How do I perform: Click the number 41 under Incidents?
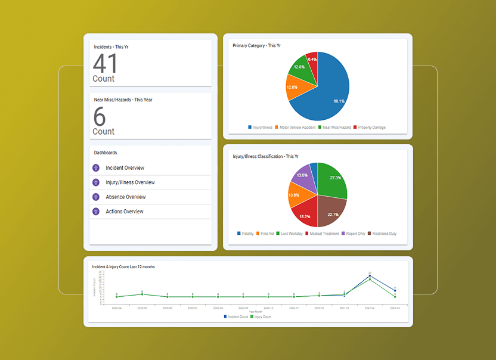[x=105, y=64]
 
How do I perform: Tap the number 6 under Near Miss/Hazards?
[x=100, y=117]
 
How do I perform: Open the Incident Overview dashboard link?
[x=125, y=168]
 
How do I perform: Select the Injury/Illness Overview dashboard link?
[x=130, y=182]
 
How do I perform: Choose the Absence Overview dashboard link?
[x=125, y=197]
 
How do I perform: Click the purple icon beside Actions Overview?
[x=96, y=212]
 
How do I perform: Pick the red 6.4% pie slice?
[x=311, y=61]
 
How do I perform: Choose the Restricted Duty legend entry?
[x=383, y=234]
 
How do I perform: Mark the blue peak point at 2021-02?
[x=370, y=276]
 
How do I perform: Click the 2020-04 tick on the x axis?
[x=117, y=308]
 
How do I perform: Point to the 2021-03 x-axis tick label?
[x=395, y=308]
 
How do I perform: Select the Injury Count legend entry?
[x=261, y=316]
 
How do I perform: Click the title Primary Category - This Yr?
[x=256, y=45]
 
